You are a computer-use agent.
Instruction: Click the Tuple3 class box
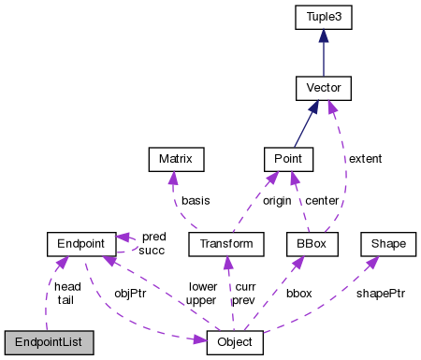[x=323, y=16]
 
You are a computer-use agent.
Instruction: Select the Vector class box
[x=323, y=89]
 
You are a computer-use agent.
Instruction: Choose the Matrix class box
[x=175, y=160]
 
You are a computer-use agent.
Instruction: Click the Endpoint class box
[x=80, y=244]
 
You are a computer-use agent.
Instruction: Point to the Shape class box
[x=387, y=244]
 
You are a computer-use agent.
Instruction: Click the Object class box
[x=234, y=343]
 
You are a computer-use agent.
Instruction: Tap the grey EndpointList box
[x=49, y=343]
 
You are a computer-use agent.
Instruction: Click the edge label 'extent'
[x=365, y=159]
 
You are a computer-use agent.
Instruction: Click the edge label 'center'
[x=323, y=201]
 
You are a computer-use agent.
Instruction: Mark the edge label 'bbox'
[x=300, y=293]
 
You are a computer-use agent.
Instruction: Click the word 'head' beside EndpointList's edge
[x=67, y=286]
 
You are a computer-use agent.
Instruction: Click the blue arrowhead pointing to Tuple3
[x=323, y=34]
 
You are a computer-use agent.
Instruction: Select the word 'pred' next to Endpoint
[x=153, y=238]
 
